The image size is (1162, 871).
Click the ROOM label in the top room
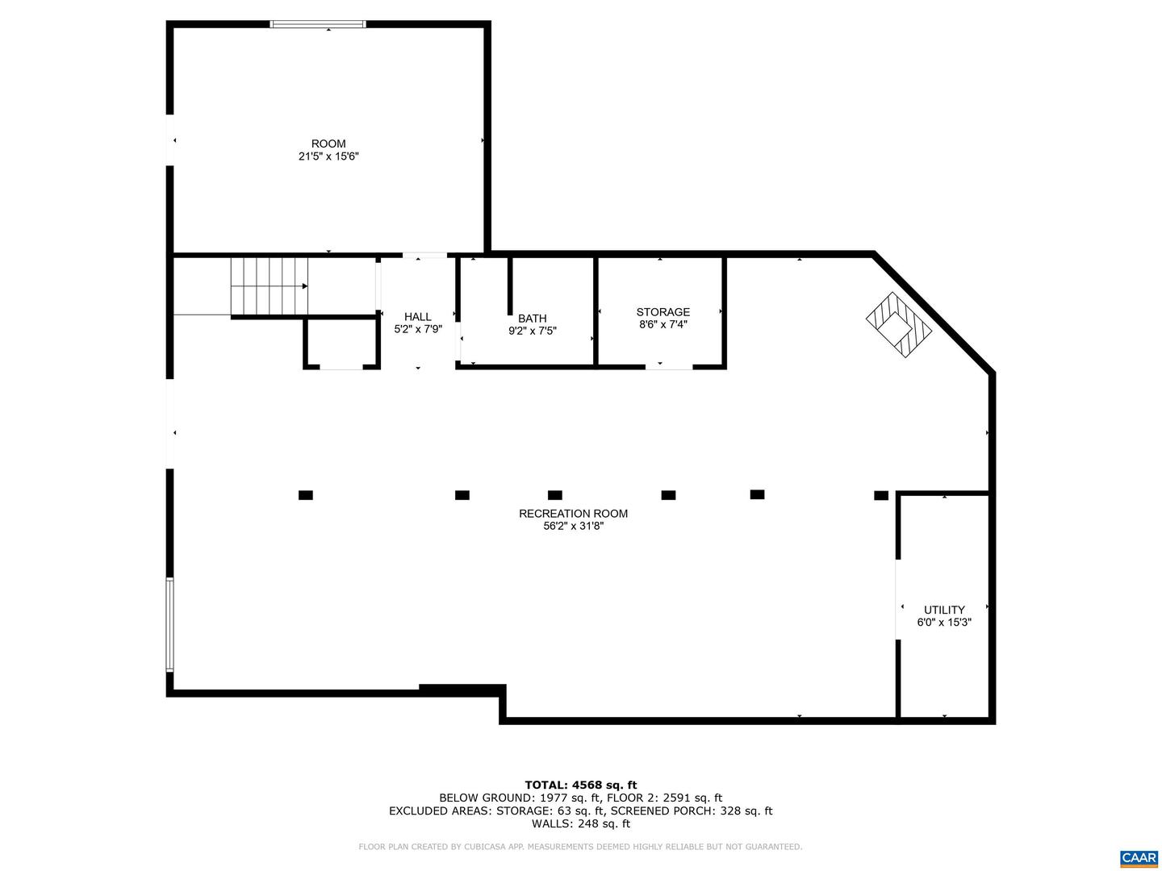click(x=328, y=144)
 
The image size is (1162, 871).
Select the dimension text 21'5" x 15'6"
click(x=328, y=156)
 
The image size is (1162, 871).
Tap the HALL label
click(x=418, y=317)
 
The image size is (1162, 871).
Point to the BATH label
click(x=533, y=319)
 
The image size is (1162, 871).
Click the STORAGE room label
click(x=663, y=312)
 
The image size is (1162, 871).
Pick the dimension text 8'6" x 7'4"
click(x=663, y=325)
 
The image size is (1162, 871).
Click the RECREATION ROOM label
click(x=573, y=514)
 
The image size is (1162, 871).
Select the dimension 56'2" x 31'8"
click(x=573, y=527)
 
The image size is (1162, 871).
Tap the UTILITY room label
click(x=944, y=610)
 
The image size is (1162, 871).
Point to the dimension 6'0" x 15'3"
click(x=944, y=623)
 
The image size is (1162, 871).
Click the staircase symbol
click(x=270, y=286)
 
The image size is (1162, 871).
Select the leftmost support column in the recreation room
click(x=305, y=495)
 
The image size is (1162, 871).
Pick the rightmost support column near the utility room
click(x=881, y=495)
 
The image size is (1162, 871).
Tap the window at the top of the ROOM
click(x=318, y=24)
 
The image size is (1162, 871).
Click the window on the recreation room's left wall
click(x=169, y=624)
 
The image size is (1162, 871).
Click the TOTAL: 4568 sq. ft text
click(x=580, y=785)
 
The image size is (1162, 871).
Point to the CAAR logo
click(x=1139, y=857)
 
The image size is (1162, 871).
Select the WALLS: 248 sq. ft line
click(x=580, y=823)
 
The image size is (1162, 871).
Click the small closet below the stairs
click(x=341, y=344)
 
